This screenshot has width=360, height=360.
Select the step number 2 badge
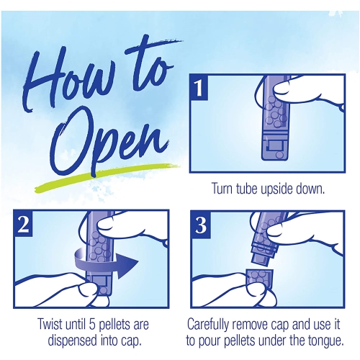[x=23, y=224]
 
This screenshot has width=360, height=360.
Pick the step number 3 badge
[x=201, y=225]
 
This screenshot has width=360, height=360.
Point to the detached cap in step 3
[x=260, y=279]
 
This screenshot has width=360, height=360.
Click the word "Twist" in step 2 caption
[x=50, y=325]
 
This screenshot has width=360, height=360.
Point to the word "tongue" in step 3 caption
[x=326, y=342]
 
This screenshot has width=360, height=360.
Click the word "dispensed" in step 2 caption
[x=71, y=342]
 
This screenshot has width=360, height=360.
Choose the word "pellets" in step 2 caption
[x=114, y=325]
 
